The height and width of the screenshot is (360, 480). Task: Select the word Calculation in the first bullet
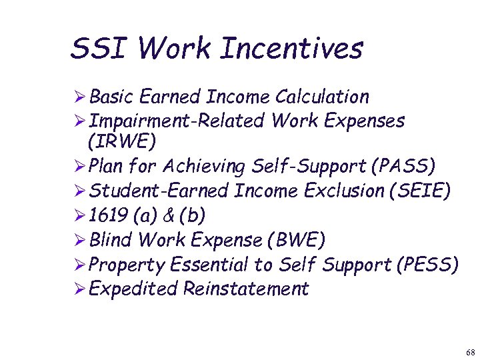(x=322, y=97)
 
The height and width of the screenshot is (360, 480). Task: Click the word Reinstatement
(x=246, y=289)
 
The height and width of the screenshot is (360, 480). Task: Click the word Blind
(x=110, y=240)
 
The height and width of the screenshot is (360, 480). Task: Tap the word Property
(x=127, y=265)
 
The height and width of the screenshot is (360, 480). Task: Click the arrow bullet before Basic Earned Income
(x=79, y=97)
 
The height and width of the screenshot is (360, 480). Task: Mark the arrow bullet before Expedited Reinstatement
(x=79, y=289)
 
